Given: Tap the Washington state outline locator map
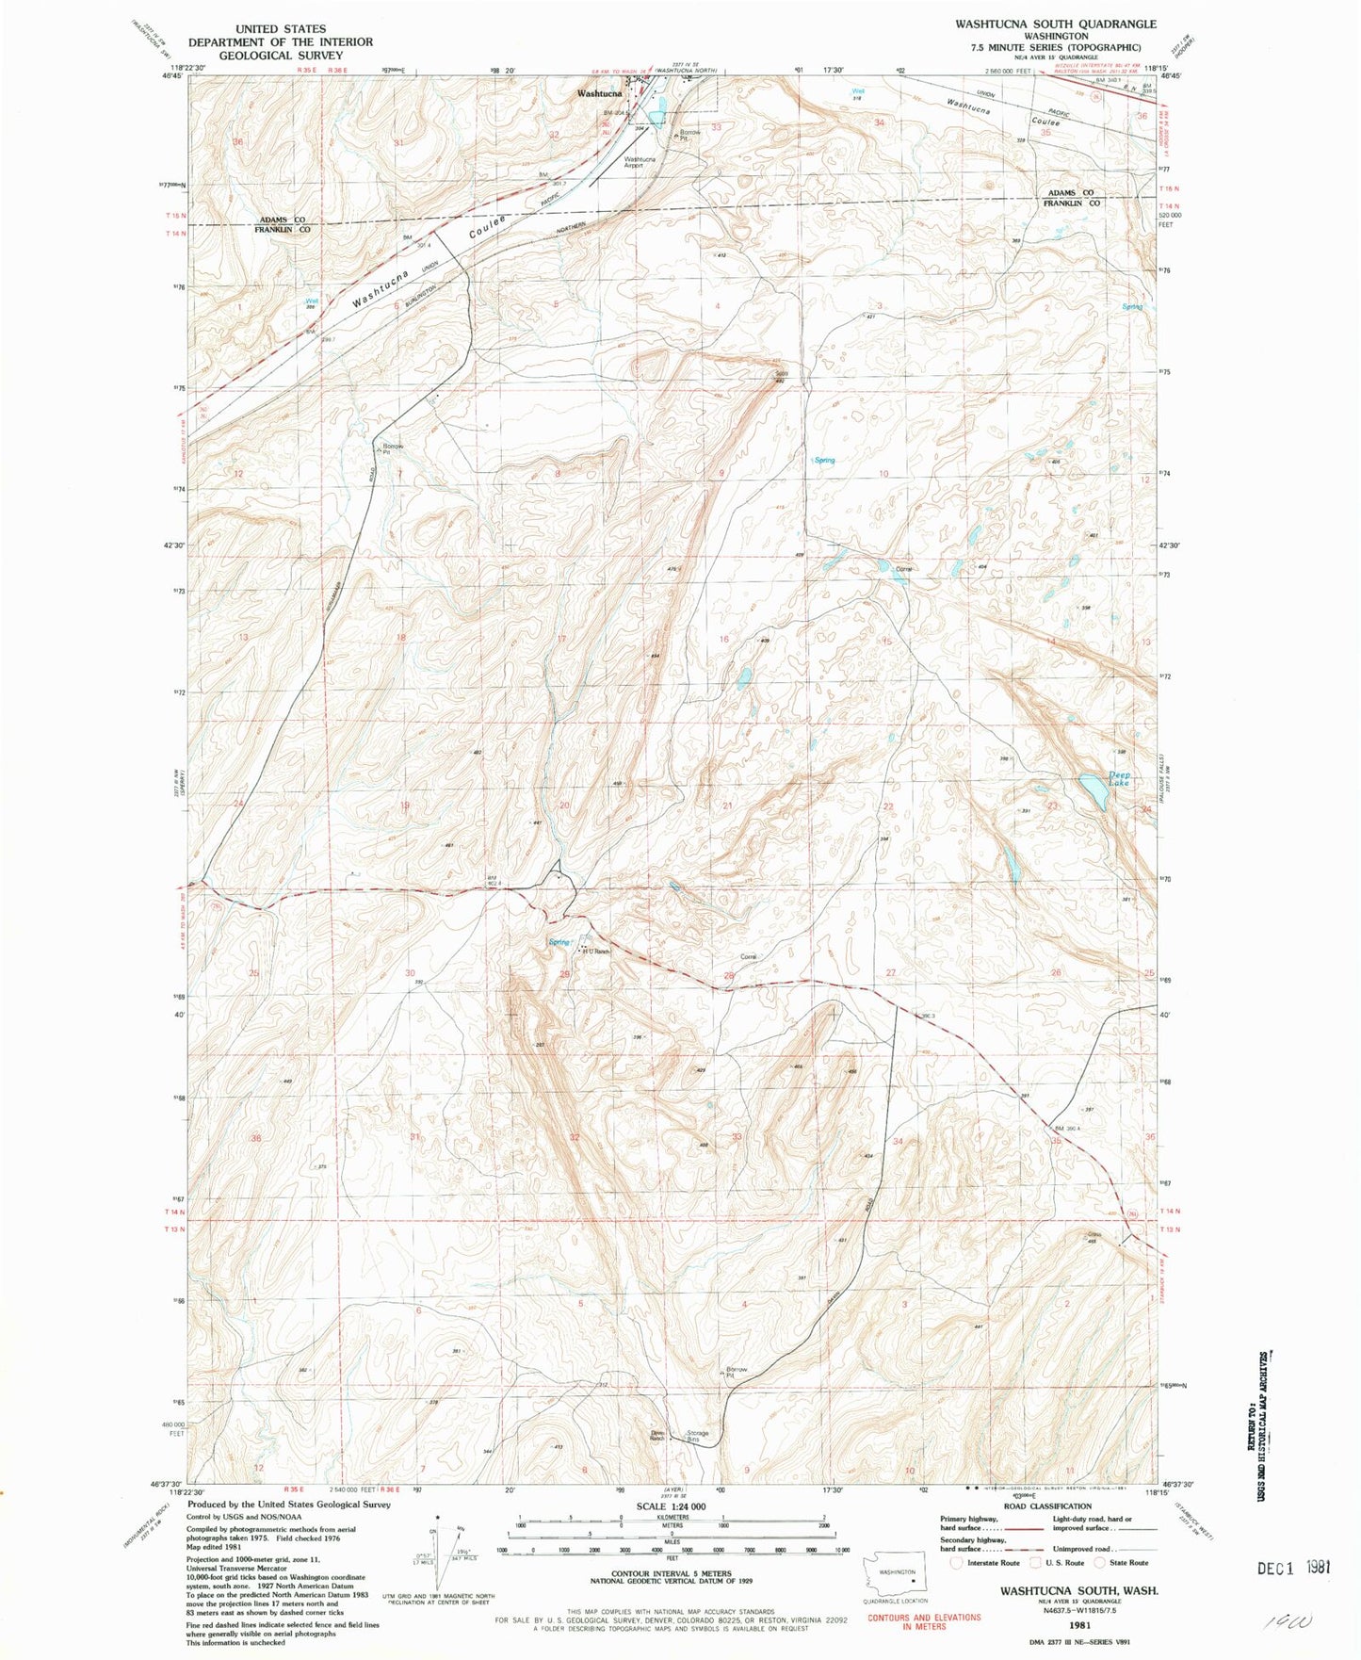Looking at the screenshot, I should (x=896, y=1575).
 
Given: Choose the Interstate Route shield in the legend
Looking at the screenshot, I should (x=957, y=1562).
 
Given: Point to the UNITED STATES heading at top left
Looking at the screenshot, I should (x=280, y=29).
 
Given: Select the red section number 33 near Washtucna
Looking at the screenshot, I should (x=717, y=127).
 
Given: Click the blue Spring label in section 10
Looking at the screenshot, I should (x=824, y=460).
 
